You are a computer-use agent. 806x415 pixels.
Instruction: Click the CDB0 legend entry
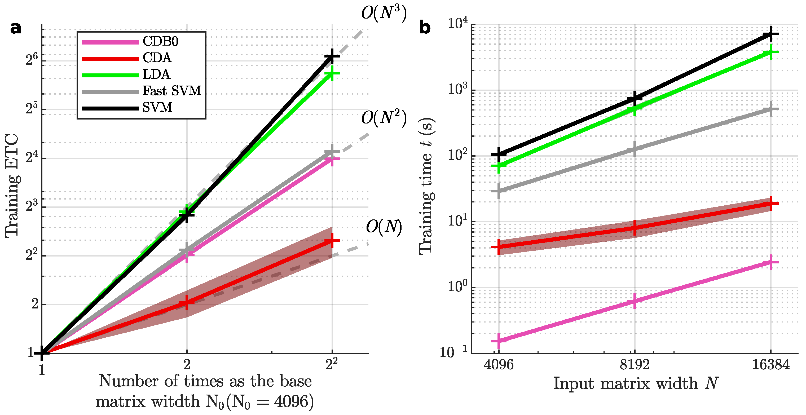click(x=160, y=41)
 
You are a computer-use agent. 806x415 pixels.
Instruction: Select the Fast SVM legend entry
click(x=172, y=91)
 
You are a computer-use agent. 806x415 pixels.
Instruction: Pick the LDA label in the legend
click(x=156, y=74)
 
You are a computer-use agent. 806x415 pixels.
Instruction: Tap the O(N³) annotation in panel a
click(x=384, y=13)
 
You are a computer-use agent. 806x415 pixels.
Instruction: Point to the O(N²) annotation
click(x=384, y=118)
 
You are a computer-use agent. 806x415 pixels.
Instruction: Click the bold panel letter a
click(x=16, y=28)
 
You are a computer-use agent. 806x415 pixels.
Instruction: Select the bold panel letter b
click(x=425, y=28)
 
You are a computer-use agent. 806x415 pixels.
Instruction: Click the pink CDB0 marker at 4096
click(x=499, y=341)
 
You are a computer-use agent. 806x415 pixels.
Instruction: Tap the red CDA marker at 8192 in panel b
click(x=635, y=227)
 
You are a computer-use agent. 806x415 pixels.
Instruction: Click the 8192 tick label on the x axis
click(x=635, y=365)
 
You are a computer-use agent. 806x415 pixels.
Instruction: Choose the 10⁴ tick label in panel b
click(x=457, y=24)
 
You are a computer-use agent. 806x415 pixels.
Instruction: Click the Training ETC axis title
click(x=12, y=186)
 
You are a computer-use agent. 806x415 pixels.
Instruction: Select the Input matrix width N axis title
click(x=635, y=383)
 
